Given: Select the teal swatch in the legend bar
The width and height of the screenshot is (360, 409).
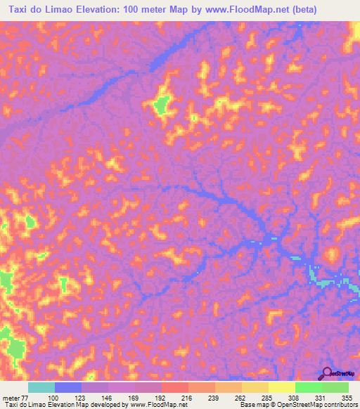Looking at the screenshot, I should coord(41,387).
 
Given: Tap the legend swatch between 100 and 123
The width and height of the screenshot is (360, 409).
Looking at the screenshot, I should coord(68,387).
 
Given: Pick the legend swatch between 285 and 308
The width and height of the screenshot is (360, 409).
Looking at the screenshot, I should coord(282,387).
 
